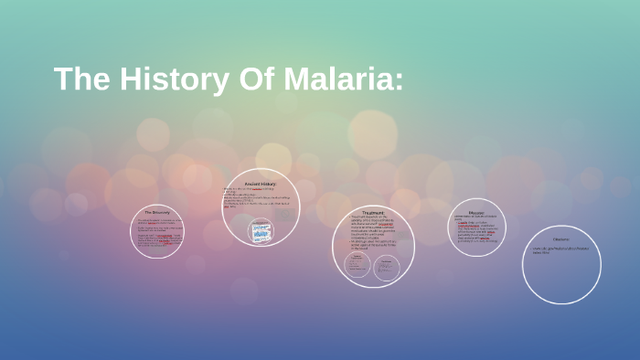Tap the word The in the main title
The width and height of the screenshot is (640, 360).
81,79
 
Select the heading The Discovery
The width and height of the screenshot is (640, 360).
156,213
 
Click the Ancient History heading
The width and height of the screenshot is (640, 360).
261,184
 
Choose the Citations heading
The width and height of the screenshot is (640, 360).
561,239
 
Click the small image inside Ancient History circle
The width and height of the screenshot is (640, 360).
261,232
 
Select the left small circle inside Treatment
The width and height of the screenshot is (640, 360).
357,266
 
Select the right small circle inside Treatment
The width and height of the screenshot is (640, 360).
387,266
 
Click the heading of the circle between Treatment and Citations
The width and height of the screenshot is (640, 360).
475,211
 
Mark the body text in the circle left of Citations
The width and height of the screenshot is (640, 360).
475,229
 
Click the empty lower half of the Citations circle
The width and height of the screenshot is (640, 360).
561,279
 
